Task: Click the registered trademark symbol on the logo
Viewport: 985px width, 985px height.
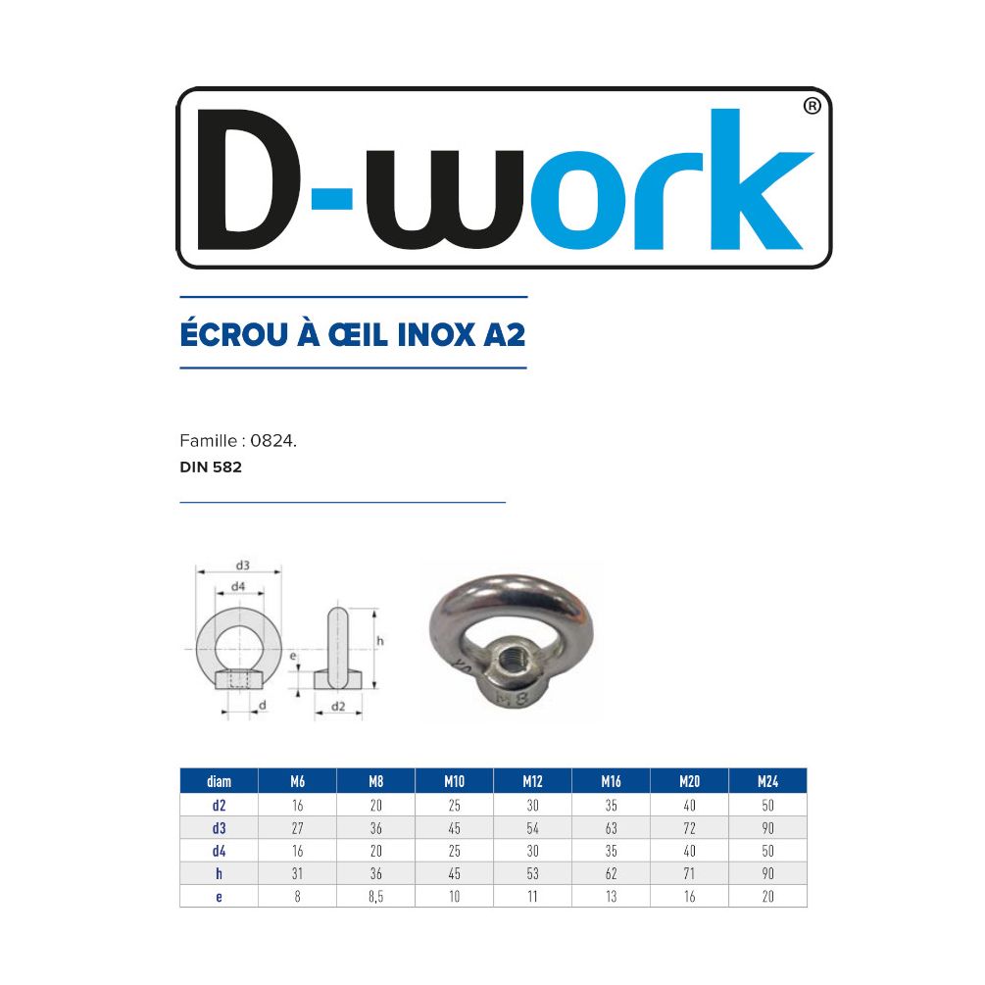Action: (x=812, y=106)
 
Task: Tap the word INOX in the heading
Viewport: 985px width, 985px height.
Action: (x=436, y=334)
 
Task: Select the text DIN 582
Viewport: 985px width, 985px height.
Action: (x=211, y=467)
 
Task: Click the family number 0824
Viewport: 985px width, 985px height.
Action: (x=273, y=441)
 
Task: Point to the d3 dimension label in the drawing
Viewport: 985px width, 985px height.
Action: (x=242, y=565)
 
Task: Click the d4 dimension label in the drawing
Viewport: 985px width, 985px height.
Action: (x=238, y=586)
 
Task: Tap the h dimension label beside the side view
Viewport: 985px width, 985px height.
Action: (x=379, y=641)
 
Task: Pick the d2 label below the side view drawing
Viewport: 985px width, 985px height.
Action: (x=338, y=706)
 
